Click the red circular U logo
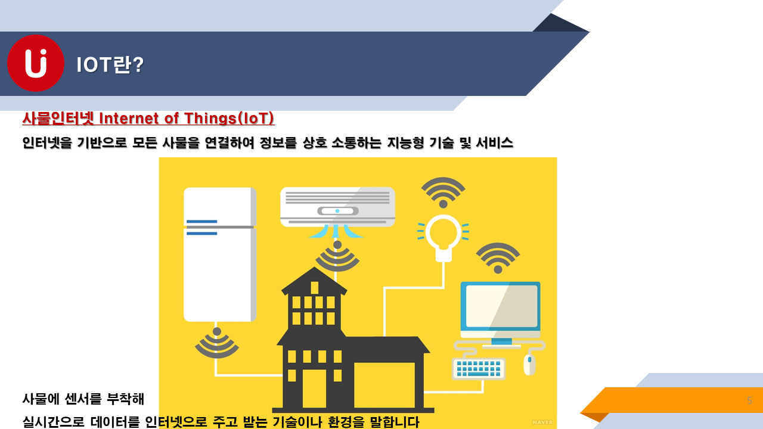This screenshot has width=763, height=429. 36,63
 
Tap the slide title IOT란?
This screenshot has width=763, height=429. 110,64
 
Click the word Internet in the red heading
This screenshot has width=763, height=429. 129,119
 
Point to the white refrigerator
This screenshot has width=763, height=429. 220,254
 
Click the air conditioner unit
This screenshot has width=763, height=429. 337,207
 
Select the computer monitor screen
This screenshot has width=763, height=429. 501,306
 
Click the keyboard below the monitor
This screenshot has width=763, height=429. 479,368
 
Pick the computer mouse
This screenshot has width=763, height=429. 529,364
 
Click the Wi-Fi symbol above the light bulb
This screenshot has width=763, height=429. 443,192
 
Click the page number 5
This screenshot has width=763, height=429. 749,400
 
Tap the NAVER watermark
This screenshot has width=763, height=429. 542,422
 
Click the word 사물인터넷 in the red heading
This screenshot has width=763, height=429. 58,119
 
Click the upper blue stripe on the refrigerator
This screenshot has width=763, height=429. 201,222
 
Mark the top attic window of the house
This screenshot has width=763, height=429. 314,288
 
